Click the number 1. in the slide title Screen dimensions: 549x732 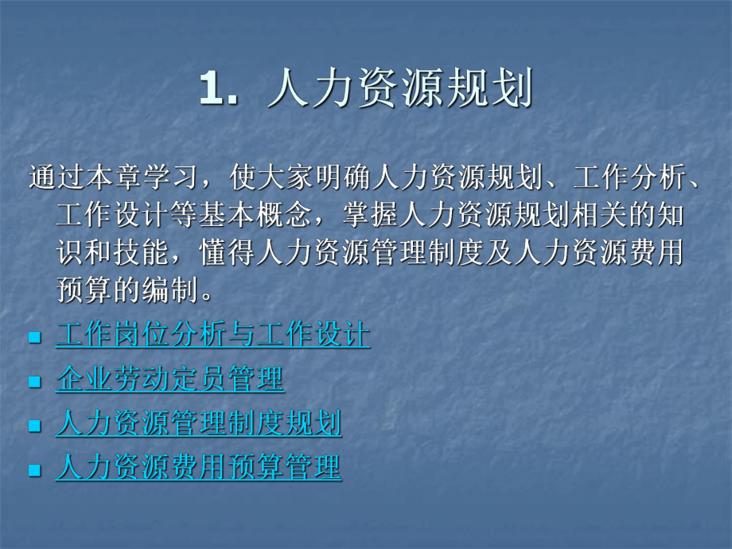pyautogui.click(x=217, y=90)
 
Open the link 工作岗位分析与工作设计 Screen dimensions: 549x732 pyautogui.click(x=213, y=334)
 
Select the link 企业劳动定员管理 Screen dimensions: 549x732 pyautogui.click(x=169, y=379)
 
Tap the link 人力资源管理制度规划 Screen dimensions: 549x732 pyautogui.click(x=198, y=423)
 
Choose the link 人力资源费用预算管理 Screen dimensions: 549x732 pyautogui.click(x=198, y=468)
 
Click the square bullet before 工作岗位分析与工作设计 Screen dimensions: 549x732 pyautogui.click(x=34, y=337)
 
